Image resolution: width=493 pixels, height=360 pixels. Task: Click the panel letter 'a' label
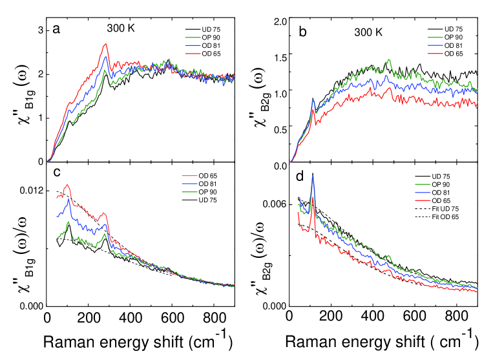pyautogui.click(x=57, y=29)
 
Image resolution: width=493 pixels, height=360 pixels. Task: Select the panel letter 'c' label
pyautogui.click(x=57, y=173)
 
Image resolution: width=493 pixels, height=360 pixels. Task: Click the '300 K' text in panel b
pyautogui.click(x=368, y=30)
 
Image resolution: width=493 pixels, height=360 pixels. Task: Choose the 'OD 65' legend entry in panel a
pyautogui.click(x=206, y=54)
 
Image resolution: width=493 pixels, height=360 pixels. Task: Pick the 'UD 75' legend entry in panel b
pyautogui.click(x=448, y=30)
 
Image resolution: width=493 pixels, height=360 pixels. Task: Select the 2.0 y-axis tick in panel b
pyautogui.click(x=275, y=21)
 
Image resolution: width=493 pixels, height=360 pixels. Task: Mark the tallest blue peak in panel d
pyautogui.click(x=313, y=174)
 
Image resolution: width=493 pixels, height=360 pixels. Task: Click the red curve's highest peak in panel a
pyautogui.click(x=105, y=45)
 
